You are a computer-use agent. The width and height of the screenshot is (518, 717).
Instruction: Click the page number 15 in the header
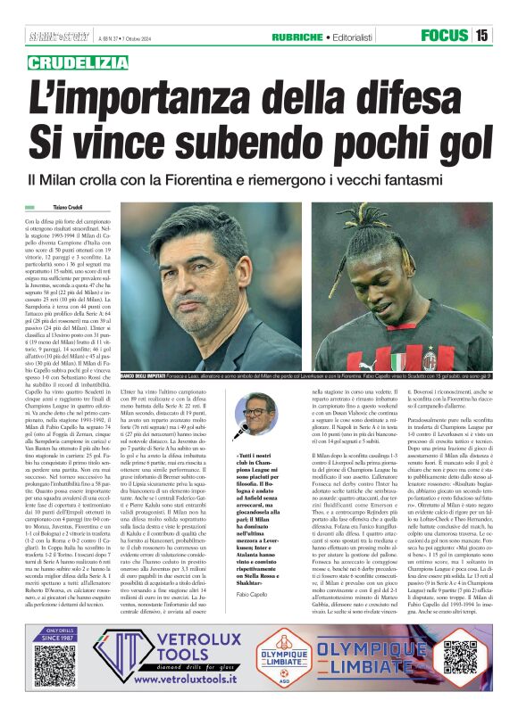481,36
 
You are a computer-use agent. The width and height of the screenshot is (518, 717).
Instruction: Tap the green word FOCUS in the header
444,36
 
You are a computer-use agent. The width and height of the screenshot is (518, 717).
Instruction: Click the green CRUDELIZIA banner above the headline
79,62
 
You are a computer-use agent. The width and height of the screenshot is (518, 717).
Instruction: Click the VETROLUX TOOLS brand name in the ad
187,653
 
